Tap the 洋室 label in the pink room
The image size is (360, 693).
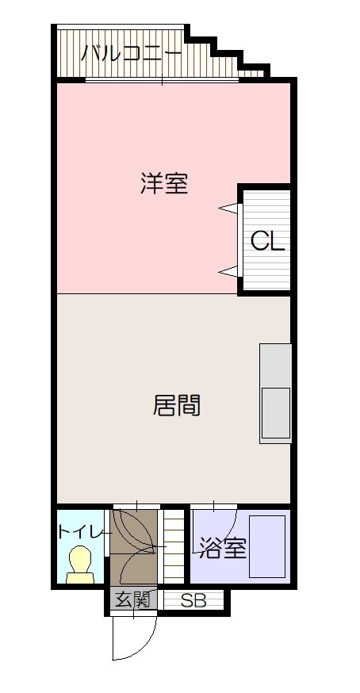pos(164,184)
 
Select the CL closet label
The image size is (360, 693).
pos(267,241)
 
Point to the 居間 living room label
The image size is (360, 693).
pos(176,406)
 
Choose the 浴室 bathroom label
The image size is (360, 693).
pos(223,547)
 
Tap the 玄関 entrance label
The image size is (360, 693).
pos(132,600)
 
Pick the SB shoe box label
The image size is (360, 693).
pos(193,601)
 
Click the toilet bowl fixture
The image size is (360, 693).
pos(79,565)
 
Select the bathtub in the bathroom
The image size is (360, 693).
pos(267,546)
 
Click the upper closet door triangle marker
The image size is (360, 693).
pos(229,209)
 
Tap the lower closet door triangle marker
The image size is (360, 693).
pos(229,272)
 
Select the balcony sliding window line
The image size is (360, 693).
pos(162,80)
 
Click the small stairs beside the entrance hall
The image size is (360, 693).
pos(173,546)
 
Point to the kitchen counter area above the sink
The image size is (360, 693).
pos(276,365)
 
